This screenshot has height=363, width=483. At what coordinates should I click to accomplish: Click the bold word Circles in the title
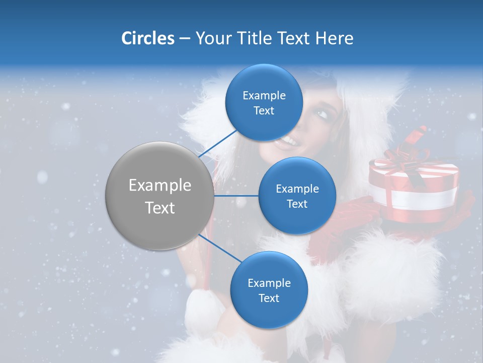(147, 38)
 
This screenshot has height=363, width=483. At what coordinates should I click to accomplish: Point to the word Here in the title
(334, 38)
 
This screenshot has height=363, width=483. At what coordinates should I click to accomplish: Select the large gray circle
(159, 196)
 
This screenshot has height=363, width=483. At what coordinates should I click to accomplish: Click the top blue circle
(264, 102)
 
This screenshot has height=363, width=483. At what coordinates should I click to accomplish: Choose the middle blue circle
(297, 196)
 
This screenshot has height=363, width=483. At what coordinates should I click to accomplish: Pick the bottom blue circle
(269, 290)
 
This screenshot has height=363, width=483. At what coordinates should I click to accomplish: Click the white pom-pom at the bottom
(204, 310)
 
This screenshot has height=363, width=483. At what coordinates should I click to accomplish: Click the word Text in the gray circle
(159, 207)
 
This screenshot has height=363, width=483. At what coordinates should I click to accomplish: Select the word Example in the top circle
(264, 95)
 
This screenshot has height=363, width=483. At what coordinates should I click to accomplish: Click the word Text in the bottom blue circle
(269, 298)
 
